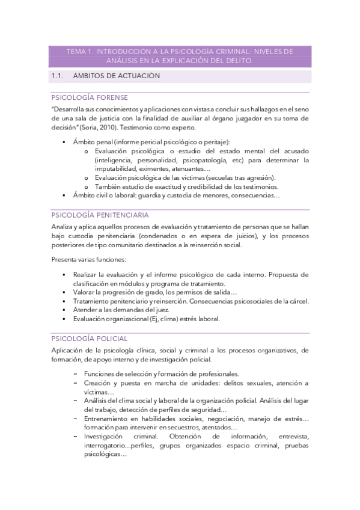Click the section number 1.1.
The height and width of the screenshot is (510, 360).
point(58,76)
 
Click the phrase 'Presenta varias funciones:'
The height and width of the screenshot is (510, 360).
point(89,259)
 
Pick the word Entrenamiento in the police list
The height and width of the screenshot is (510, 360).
point(112,419)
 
